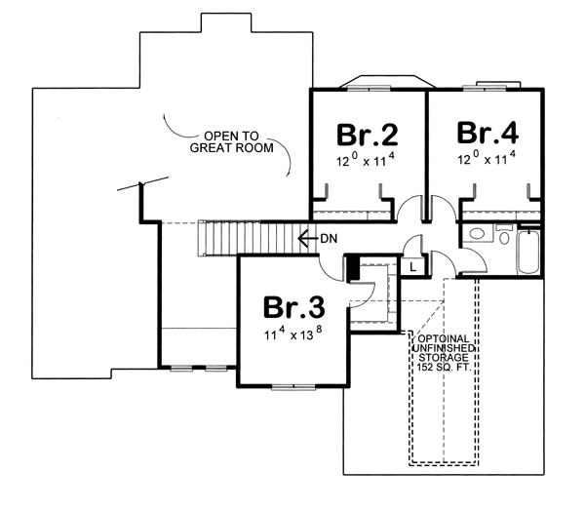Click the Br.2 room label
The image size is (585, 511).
pos(368,135)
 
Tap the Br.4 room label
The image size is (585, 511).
pos(487,133)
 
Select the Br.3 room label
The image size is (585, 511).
pos(294,307)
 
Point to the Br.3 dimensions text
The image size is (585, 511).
pos(292,333)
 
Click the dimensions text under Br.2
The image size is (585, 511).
pos(366,159)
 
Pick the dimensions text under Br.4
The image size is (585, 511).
pos(487,158)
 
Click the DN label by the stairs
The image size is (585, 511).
pos(329,239)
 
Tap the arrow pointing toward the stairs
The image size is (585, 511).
pos(307,239)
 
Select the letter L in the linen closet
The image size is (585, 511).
pos(412,267)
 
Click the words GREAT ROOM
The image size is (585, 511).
pos(232,148)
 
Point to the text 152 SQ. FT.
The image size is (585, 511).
pos(444,367)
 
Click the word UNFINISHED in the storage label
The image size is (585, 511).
pos(444,348)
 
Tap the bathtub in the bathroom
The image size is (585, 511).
pos(527,253)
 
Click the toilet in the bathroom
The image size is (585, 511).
pos(504,234)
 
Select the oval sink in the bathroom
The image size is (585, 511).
pos(476,234)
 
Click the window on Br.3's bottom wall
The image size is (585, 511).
pos(294,387)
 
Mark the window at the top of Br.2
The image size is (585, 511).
pos(369,89)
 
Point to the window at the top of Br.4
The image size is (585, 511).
pos(485,89)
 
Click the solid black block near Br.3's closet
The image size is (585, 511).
pos(353,268)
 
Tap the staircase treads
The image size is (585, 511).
pos(257,238)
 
